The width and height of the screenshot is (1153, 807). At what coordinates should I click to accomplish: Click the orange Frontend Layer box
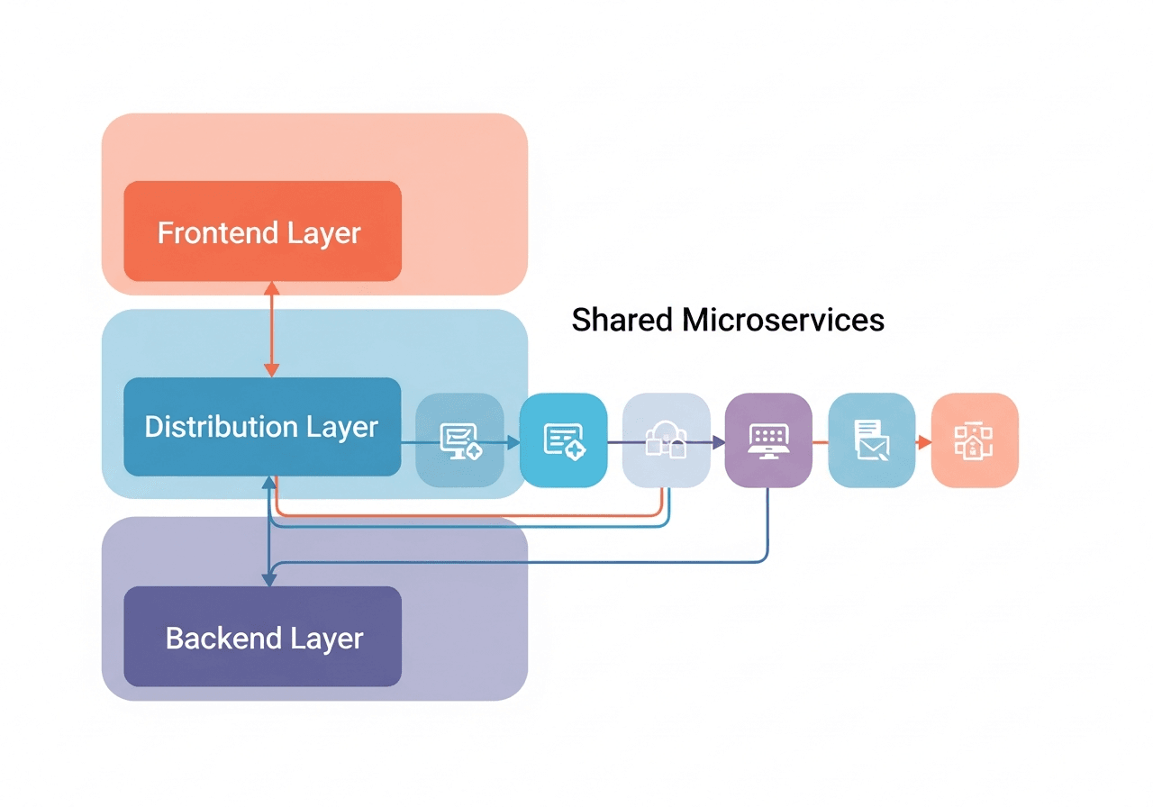262,231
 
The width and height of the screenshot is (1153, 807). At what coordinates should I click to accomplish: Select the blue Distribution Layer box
262,426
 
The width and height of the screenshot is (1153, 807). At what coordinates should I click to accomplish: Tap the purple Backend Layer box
262,637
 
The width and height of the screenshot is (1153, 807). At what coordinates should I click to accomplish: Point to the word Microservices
783,320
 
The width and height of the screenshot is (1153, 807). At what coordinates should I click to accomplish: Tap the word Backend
212,639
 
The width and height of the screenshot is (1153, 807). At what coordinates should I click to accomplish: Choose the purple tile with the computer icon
768,440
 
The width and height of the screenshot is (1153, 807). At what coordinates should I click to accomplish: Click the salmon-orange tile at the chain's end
974,440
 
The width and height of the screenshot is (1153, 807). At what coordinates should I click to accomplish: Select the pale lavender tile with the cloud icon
666,440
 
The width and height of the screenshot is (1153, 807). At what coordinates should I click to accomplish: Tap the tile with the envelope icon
871,440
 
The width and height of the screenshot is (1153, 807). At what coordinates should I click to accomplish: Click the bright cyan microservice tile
563,440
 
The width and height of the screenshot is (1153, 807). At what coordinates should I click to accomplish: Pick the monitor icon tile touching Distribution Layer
460,440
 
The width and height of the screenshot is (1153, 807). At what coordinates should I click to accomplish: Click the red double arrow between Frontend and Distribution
271,329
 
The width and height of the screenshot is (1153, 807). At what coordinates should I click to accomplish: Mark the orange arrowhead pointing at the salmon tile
924,442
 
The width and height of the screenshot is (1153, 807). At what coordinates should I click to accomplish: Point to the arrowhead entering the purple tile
719,442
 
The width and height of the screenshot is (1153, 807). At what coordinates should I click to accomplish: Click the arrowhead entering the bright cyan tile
513,442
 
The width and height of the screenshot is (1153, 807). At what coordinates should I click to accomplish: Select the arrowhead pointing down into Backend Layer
268,579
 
